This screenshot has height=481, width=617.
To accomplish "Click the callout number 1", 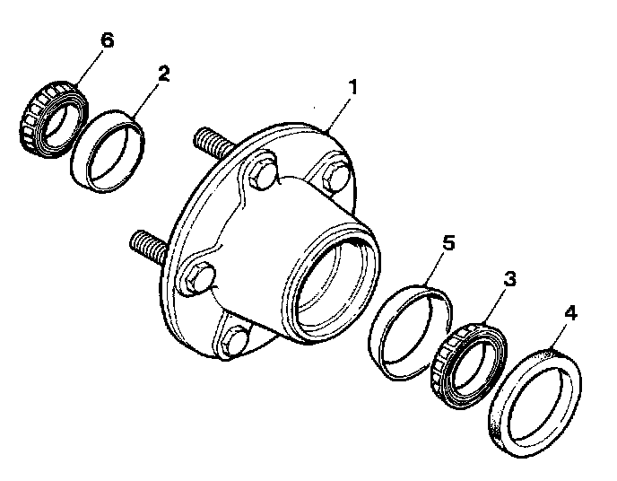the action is pyautogui.click(x=353, y=87).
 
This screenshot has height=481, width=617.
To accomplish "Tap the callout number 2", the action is pyautogui.click(x=163, y=74).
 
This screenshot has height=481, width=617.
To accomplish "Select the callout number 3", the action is pyautogui.click(x=510, y=279).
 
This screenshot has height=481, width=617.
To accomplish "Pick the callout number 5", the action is pyautogui.click(x=448, y=243).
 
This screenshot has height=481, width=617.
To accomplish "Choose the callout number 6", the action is pyautogui.click(x=107, y=40).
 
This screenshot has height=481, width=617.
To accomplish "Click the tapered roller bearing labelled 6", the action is pyautogui.click(x=54, y=119).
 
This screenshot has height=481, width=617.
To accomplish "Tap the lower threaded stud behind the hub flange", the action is pyautogui.click(x=149, y=246).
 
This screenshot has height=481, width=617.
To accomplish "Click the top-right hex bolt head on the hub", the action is pyautogui.click(x=335, y=177).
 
